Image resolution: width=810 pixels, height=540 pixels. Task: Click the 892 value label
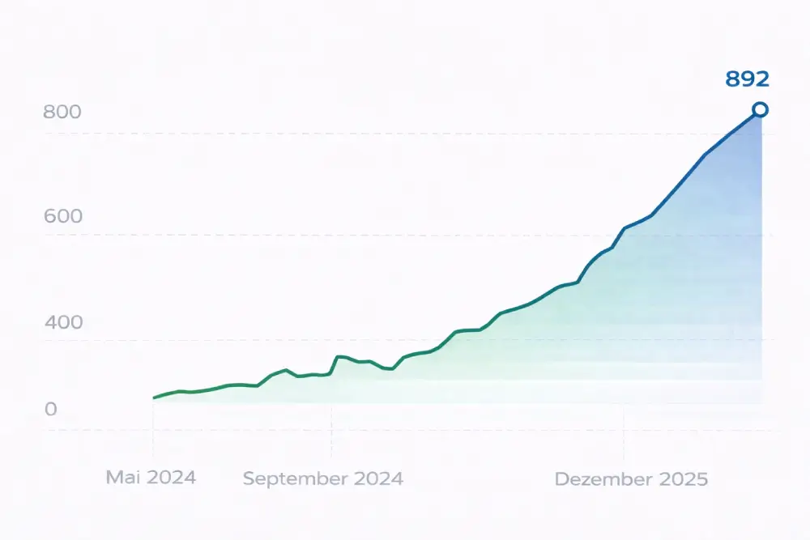pyautogui.click(x=747, y=79)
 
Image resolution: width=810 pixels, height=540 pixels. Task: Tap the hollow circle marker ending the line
pyautogui.click(x=760, y=109)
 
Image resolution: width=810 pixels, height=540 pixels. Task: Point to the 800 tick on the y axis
pyautogui.click(x=62, y=112)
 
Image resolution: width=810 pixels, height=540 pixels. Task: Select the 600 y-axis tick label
pyautogui.click(x=62, y=217)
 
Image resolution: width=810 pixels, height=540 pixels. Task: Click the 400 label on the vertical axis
pyautogui.click(x=62, y=322)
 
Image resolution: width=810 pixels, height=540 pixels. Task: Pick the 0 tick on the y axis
pyautogui.click(x=51, y=410)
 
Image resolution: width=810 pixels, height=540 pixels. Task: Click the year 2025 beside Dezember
pyautogui.click(x=682, y=479)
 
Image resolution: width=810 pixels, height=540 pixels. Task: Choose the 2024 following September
pyautogui.click(x=377, y=478)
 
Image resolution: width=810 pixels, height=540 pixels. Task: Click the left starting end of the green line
pyautogui.click(x=154, y=398)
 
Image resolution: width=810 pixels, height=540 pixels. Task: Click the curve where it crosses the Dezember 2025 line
pyautogui.click(x=624, y=229)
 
